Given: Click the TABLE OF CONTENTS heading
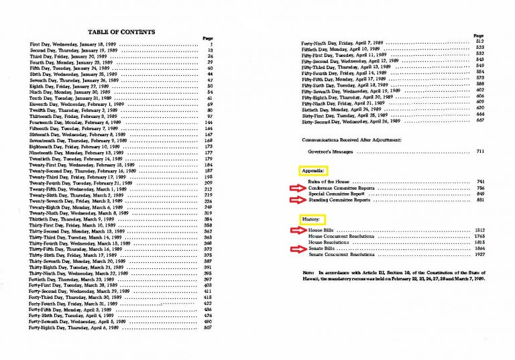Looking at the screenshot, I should pyautogui.click(x=121, y=32).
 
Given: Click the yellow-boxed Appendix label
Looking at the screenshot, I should pyautogui.click(x=313, y=171).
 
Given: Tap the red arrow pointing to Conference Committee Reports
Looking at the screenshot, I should pyautogui.click(x=293, y=189).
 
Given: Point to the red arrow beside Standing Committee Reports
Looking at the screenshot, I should pyautogui.click(x=293, y=199).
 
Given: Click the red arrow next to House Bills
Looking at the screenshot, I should pyautogui.click(x=293, y=231).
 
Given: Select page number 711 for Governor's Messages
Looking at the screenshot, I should pyautogui.click(x=479, y=152).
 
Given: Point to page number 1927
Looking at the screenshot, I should pyautogui.click(x=478, y=255).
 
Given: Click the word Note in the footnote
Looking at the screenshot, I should pyautogui.click(x=308, y=274).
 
